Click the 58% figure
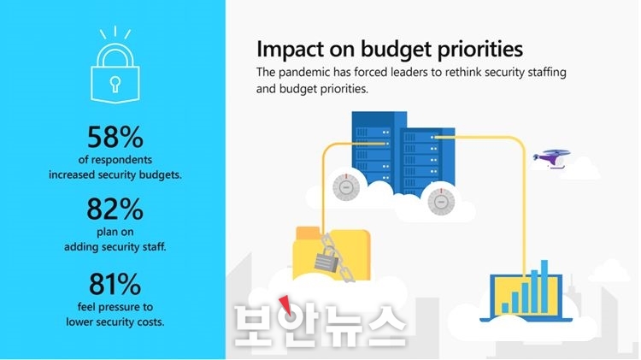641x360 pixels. pos(115,137)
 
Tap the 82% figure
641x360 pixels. pos(115,209)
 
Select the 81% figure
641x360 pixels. pos(115,284)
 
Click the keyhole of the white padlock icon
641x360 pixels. pos(115,84)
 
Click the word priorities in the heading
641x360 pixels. pos(480,50)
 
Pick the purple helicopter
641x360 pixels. pos(551,159)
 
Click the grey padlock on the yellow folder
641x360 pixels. pos(327,259)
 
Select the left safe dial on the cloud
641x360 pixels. pos(346,187)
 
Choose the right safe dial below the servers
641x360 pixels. pos(441,202)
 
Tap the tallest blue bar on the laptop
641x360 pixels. pos(544,286)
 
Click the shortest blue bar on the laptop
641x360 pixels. pos(505,308)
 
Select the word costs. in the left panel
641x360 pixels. pos(150,322)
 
